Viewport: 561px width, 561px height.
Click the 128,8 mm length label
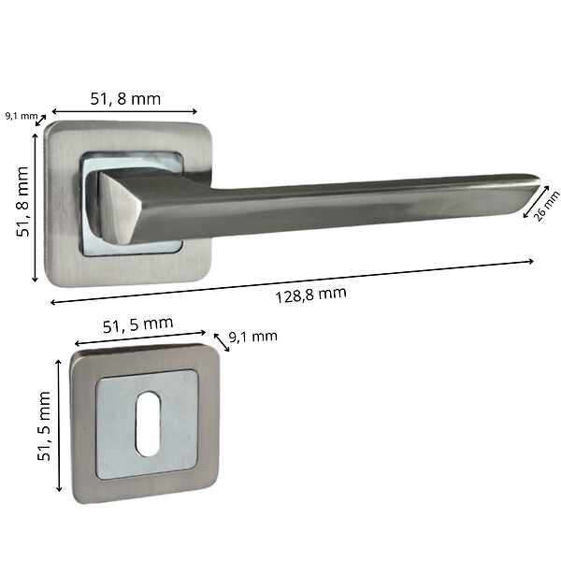click(310, 295)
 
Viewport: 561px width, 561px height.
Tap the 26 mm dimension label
click(547, 207)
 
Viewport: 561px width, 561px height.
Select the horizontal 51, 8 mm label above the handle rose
click(125, 99)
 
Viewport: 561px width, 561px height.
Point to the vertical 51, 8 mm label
click(22, 201)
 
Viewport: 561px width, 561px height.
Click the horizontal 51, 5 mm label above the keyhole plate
click(138, 324)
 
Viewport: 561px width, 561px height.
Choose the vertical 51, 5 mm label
click(44, 425)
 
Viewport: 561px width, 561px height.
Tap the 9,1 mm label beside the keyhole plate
click(253, 337)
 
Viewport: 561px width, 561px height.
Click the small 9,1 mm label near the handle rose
click(22, 116)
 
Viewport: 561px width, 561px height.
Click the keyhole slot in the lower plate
click(148, 424)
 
